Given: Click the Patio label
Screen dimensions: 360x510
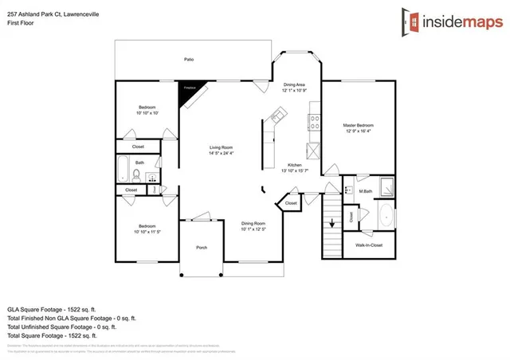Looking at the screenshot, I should click(189, 59).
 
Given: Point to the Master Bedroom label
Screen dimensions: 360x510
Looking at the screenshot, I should click(358, 125).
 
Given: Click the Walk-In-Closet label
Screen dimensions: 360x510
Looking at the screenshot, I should click(369, 245).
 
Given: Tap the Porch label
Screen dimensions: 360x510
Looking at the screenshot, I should click(202, 248).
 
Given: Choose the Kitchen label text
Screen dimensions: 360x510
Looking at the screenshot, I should click(294, 164).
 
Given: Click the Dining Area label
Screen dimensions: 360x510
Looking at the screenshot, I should click(295, 84).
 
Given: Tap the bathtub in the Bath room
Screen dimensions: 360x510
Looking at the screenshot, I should click(124, 170).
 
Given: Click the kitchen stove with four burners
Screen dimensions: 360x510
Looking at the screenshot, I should click(315, 123).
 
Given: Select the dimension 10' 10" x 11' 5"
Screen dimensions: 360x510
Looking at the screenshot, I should click(148, 232).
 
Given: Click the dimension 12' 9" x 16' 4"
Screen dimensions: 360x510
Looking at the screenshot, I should click(358, 131).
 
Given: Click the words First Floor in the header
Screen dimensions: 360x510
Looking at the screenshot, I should click(18, 22).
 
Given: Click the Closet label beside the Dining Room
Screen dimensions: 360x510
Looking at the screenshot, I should click(291, 203).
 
